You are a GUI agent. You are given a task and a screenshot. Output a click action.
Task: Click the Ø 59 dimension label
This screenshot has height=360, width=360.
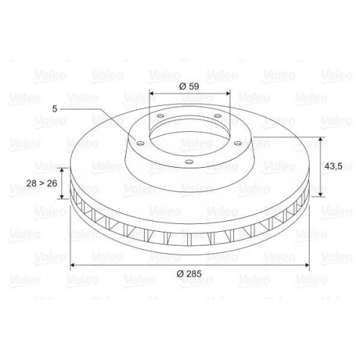pyautogui.click(x=189, y=86)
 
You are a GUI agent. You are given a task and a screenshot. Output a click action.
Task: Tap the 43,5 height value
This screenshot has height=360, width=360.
pyautogui.click(x=332, y=166)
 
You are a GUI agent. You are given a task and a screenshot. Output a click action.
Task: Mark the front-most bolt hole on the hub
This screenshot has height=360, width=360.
pyautogui.click(x=189, y=161)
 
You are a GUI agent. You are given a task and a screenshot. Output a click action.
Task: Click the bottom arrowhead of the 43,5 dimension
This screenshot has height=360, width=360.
pyautogui.click(x=315, y=195)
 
